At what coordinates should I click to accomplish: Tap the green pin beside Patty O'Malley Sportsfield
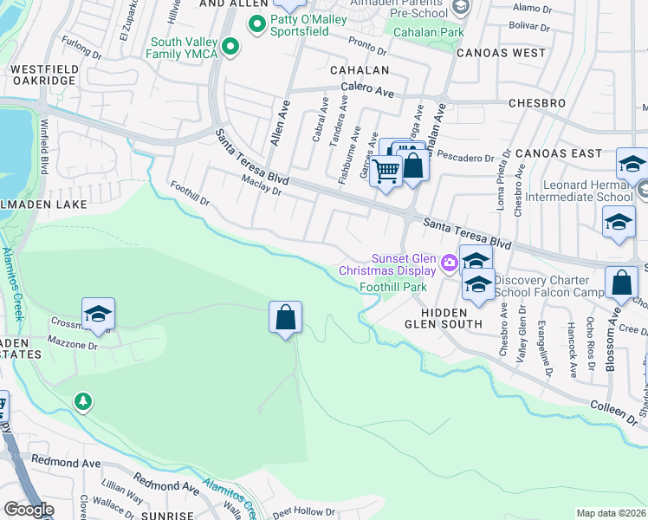coord(256,24)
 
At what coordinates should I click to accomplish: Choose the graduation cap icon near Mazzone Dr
coord(99,315)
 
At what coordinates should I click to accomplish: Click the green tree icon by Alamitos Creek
coord(82,401)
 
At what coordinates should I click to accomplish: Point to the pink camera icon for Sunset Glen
coord(449,263)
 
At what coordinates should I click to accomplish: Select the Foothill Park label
coord(393,286)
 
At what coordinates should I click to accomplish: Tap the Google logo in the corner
coord(29,510)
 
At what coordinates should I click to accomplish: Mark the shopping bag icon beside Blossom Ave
coord(622,283)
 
